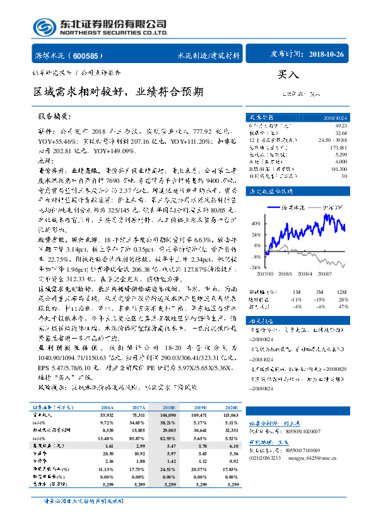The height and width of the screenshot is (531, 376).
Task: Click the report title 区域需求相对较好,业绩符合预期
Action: click(x=118, y=91)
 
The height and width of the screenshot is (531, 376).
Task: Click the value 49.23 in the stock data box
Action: click(x=341, y=126)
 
